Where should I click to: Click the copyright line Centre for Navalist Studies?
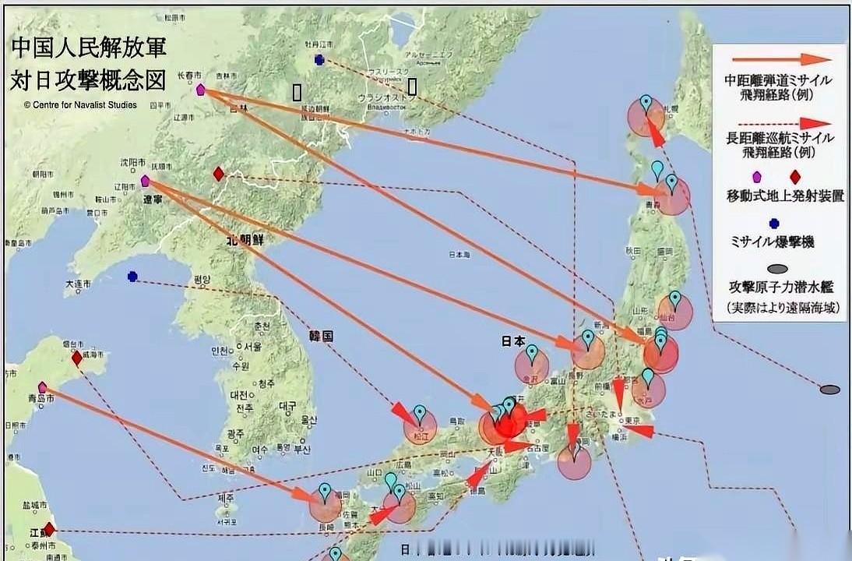[80, 104]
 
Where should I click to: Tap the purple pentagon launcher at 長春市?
[200, 90]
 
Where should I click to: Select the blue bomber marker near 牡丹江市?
[319, 60]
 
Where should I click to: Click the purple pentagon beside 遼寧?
[145, 181]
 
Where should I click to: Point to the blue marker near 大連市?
[132, 276]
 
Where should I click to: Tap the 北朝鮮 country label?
[246, 241]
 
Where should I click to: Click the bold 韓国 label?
[321, 337]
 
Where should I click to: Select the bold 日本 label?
[513, 340]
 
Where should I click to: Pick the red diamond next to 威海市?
[76, 358]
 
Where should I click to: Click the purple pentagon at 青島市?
[43, 386]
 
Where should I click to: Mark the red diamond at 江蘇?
[49, 530]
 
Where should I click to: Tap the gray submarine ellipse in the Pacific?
[830, 389]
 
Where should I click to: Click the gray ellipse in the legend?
[776, 269]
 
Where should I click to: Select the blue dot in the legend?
[774, 224]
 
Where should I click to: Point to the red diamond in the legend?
[795, 177]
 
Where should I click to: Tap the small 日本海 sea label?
[459, 255]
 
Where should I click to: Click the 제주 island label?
[225, 498]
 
